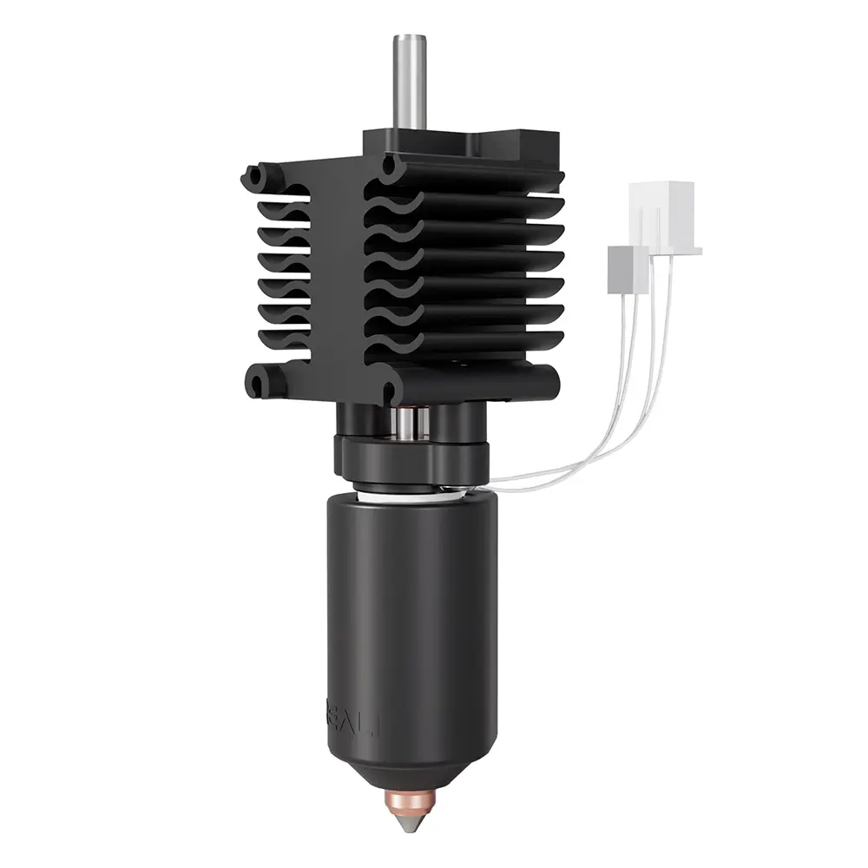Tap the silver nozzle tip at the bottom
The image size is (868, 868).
click(x=413, y=819)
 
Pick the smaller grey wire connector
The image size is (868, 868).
click(x=628, y=268)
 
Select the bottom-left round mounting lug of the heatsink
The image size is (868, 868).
click(x=259, y=381)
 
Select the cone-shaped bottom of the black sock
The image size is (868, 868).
click(x=413, y=755)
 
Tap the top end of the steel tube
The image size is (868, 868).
click(x=408, y=39)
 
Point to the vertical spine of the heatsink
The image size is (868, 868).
click(x=339, y=278)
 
